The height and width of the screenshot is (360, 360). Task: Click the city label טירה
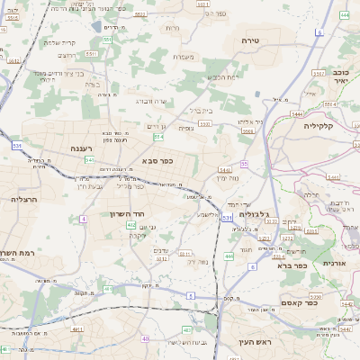(x=251, y=41)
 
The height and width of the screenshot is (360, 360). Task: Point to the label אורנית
(x=334, y=263)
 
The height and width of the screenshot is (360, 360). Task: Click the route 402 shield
(x=131, y=225)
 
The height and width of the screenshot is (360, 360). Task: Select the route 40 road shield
(x=146, y=338)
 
